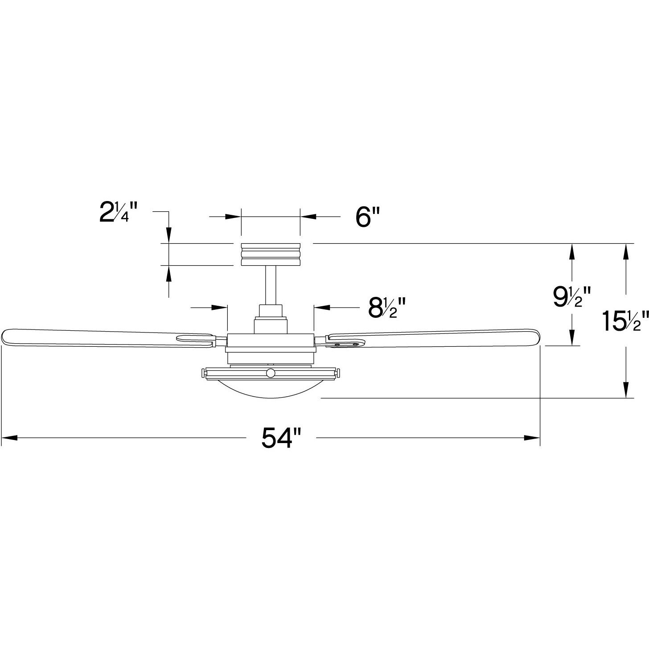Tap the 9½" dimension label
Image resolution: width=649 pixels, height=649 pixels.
pyautogui.click(x=572, y=297)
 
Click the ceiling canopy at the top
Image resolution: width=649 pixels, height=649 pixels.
pyautogui.click(x=271, y=254)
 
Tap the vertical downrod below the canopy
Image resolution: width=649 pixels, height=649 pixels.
pyautogui.click(x=271, y=284)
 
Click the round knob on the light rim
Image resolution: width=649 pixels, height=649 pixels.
pyautogui.click(x=271, y=373)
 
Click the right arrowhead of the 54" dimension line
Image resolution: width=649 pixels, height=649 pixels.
pyautogui.click(x=532, y=438)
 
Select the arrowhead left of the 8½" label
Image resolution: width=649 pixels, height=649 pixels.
pyautogui.click(x=220, y=307)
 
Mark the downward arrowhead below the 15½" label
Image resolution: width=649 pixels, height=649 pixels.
pyautogui.click(x=626, y=390)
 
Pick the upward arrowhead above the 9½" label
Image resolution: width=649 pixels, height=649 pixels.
pyautogui.click(x=571, y=251)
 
